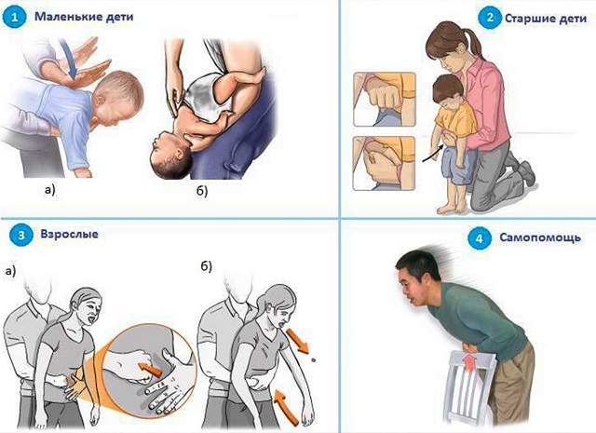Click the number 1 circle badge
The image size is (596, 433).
[14, 17]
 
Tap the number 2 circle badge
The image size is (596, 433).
[490, 17]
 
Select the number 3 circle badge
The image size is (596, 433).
[21, 235]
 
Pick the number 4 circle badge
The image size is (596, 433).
[479, 238]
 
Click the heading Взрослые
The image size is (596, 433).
[69, 234]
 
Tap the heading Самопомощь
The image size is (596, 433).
[540, 237]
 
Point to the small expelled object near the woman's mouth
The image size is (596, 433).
[313, 359]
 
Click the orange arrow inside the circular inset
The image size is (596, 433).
[150, 370]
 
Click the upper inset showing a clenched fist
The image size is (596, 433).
[385, 100]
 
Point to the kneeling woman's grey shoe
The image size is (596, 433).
[525, 172]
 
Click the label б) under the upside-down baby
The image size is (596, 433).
[202, 191]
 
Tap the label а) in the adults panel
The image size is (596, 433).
[10, 271]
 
